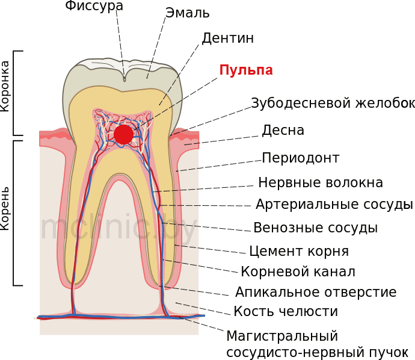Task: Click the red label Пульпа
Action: [x=246, y=70]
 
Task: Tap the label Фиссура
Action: [x=94, y=6]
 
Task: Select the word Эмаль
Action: [x=188, y=13]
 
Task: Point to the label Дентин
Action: [x=227, y=38]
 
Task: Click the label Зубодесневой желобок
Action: [x=333, y=103]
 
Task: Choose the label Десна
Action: [x=283, y=130]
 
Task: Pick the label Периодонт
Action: [x=301, y=158]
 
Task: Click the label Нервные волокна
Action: [x=321, y=182]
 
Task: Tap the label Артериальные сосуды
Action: [x=334, y=205]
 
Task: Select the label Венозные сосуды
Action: [x=316, y=228]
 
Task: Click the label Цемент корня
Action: [x=299, y=251]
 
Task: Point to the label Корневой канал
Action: [x=298, y=272]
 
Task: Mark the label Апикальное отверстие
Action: [x=316, y=292]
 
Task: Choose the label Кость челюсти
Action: [x=286, y=311]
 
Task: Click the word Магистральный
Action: [x=282, y=336]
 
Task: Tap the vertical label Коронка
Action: [x=5, y=86]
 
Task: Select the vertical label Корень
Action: [x=5, y=208]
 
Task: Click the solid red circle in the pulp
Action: [x=124, y=135]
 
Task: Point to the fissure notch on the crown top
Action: [x=124, y=78]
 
